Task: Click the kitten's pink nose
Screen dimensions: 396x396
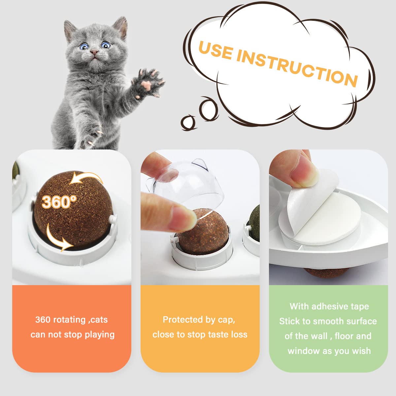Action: pos(95,52)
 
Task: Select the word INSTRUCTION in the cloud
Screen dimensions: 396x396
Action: pos(297,68)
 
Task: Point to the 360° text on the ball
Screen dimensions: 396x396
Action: pos(59,201)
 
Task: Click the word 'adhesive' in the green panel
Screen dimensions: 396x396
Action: pos(330,307)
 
